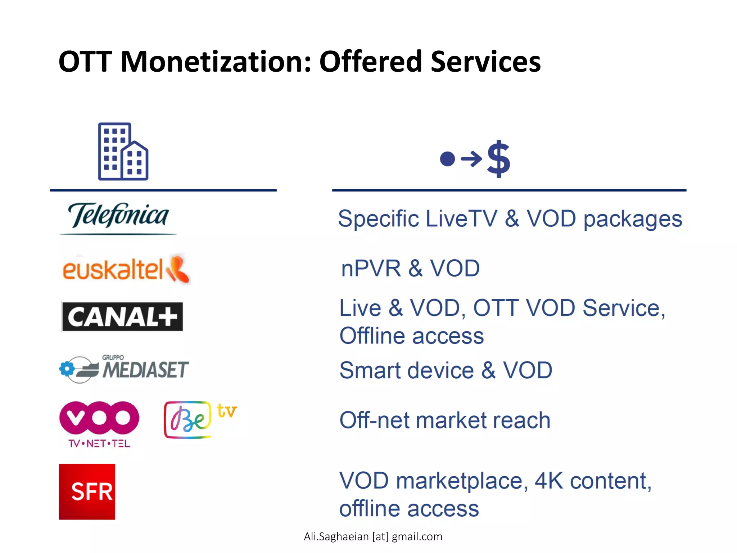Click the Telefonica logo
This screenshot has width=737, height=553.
(118, 217)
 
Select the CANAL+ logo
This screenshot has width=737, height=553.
(122, 317)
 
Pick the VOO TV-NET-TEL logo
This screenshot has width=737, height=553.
(99, 423)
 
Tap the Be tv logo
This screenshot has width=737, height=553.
(200, 419)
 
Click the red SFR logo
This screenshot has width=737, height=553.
(87, 491)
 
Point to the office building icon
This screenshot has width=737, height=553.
(123, 152)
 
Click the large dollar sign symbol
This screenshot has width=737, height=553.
(498, 158)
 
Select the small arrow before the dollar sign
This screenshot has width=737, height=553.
(471, 159)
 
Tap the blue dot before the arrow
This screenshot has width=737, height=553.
(447, 159)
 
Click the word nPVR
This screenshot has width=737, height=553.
(371, 269)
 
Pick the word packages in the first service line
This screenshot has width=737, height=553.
(633, 219)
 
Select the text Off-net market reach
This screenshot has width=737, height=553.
(445, 420)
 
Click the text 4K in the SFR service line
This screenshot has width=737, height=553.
(549, 481)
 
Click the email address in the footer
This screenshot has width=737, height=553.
(373, 536)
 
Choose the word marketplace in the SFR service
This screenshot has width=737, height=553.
(462, 481)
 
